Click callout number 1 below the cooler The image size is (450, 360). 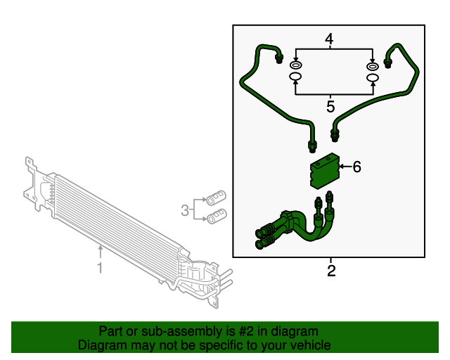click(x=100, y=268)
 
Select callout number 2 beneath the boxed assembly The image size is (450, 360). click(x=331, y=270)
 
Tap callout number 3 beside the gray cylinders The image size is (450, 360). click(x=185, y=209)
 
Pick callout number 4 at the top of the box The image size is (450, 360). click(x=329, y=38)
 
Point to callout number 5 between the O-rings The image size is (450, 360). click(x=330, y=106)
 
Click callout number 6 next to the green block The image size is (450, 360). click(x=356, y=167)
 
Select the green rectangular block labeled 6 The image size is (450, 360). click(x=324, y=172)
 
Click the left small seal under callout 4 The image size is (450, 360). click(x=295, y=65)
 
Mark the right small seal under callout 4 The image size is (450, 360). click(x=373, y=66)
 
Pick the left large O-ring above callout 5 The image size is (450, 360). click(x=295, y=77)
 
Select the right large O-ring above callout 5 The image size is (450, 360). click(x=373, y=77)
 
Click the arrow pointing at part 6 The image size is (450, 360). click(x=344, y=167)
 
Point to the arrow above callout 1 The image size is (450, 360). click(x=100, y=250)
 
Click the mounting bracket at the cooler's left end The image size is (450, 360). click(x=32, y=179)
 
